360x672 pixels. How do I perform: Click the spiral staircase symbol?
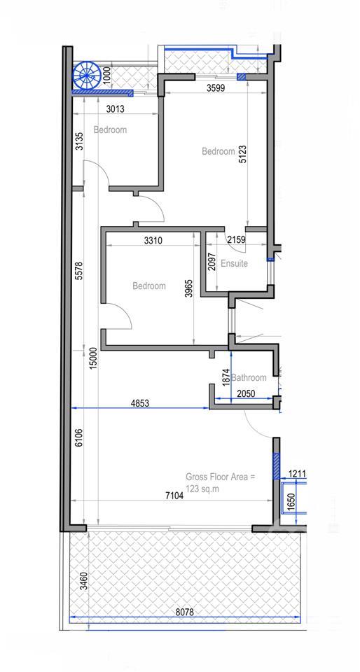87,76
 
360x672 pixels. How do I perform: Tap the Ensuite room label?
234,264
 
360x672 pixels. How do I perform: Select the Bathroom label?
249,377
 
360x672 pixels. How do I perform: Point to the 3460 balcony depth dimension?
84,581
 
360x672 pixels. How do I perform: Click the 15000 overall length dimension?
95,358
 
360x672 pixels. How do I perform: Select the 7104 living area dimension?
174,496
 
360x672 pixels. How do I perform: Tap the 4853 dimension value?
140,403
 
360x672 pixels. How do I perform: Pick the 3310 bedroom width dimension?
153,240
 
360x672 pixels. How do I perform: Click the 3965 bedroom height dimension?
189,290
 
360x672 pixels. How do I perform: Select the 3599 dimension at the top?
216,88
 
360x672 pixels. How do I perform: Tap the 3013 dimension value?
115,109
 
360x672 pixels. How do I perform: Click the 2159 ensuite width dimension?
236,240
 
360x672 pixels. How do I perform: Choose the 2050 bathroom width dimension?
244,393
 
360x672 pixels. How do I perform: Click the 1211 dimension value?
298,474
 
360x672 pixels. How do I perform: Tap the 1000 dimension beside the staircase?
107,75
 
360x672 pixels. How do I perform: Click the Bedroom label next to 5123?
219,151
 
